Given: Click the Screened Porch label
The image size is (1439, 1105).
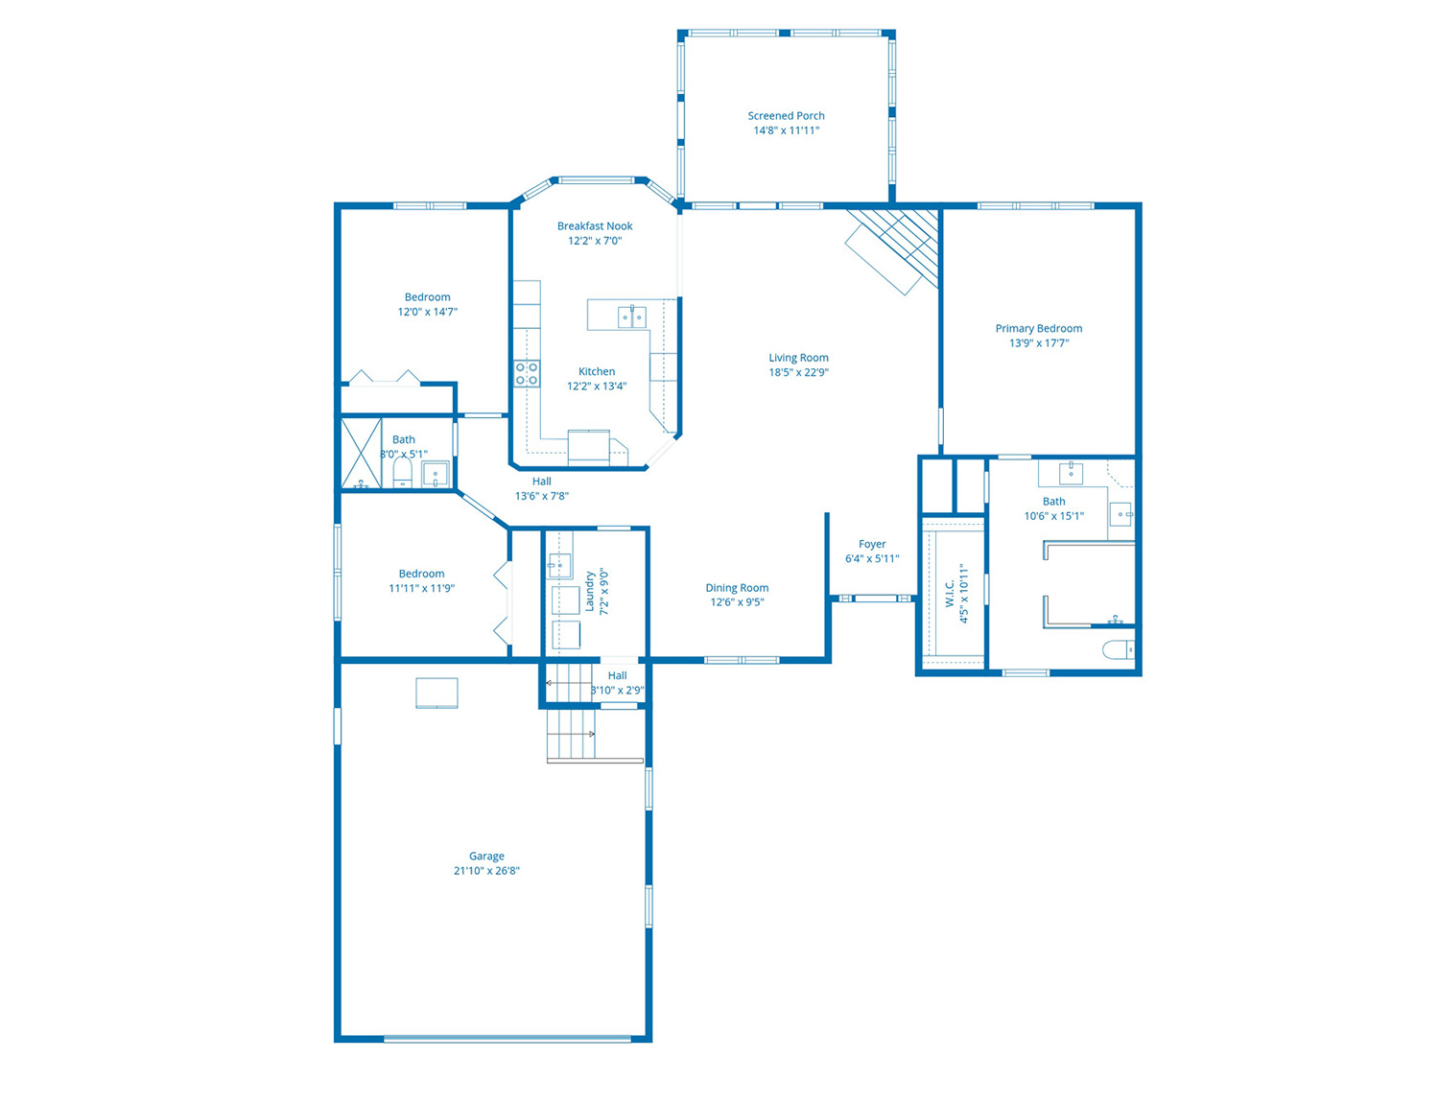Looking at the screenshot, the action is [786, 116].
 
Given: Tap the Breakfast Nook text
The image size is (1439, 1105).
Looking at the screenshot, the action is [595, 226].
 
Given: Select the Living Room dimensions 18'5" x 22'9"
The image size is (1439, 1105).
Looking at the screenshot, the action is [798, 372].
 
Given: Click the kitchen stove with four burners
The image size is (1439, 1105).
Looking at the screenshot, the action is [527, 373].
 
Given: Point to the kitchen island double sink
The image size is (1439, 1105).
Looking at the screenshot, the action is [632, 317].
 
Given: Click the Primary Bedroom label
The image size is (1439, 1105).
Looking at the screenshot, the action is [1039, 328].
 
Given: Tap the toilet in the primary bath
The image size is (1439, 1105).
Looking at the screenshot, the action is [1118, 649].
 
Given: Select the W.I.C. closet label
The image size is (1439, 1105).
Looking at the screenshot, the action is [951, 594].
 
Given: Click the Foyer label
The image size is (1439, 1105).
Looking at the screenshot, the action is [872, 544].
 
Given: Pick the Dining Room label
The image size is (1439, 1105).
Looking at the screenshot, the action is [737, 588].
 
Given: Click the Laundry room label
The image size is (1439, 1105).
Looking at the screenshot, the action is [589, 592].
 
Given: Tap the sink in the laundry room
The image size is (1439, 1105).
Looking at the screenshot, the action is [559, 566].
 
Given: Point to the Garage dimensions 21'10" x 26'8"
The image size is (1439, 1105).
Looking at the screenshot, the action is [486, 871].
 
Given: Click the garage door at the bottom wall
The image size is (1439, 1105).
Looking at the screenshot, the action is [507, 1039].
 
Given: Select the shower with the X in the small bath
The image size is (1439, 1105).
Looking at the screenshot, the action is [361, 454].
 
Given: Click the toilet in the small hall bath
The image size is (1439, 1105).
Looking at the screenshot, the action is [403, 474].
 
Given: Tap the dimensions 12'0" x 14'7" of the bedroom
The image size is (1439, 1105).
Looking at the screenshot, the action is [428, 312].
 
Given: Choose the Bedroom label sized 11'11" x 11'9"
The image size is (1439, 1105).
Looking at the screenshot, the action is [421, 574].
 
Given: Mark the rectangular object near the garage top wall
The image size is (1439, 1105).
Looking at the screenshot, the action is [436, 694].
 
